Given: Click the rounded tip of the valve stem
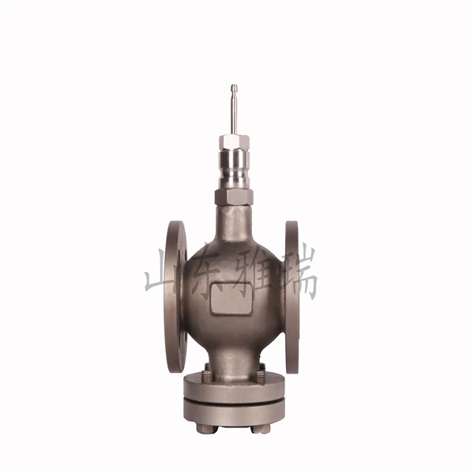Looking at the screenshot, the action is (234, 86).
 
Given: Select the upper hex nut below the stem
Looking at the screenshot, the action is (235, 142).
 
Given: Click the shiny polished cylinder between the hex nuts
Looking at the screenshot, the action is (235, 169).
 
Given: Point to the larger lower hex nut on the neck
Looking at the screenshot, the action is (234, 197).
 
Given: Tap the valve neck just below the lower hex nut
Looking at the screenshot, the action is (234, 220).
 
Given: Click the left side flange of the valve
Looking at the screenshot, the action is (175, 296).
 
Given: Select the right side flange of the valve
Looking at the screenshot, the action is (292, 297).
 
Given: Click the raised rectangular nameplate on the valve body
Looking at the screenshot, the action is (231, 299).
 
